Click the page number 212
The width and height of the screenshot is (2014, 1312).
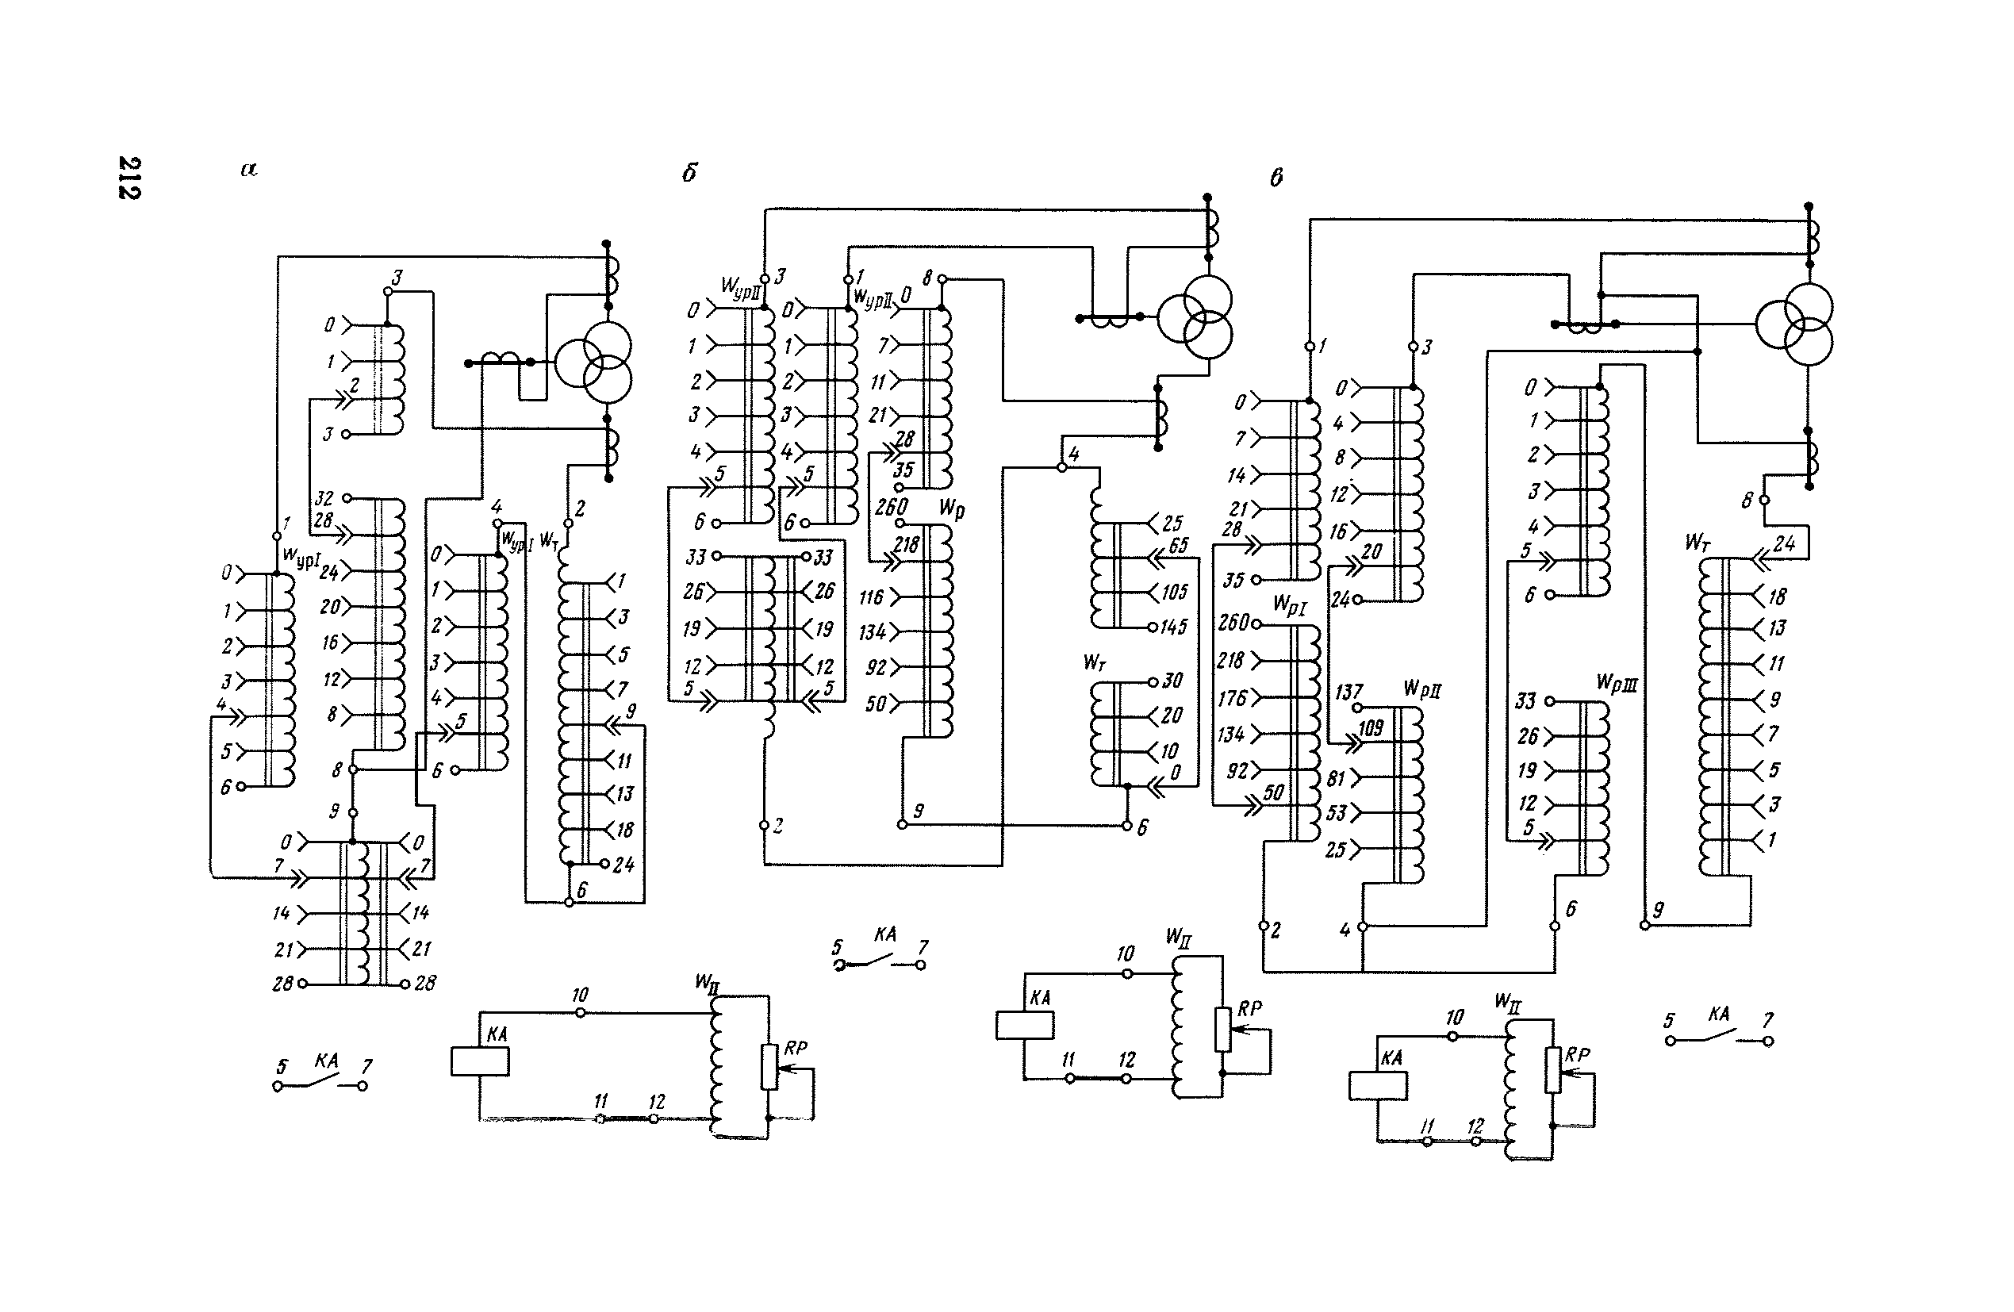(x=129, y=177)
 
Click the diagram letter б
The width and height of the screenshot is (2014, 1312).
(x=689, y=174)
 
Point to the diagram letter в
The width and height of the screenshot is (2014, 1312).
(x=1276, y=177)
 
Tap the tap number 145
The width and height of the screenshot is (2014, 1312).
(x=1175, y=627)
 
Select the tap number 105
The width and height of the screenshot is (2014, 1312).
(x=1175, y=592)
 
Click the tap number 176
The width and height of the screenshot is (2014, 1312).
(x=1232, y=698)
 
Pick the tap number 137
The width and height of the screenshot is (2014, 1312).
(x=1348, y=692)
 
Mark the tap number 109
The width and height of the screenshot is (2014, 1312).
(x=1371, y=728)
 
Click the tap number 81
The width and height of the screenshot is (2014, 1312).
(x=1336, y=777)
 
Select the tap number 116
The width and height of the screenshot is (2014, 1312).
(x=872, y=597)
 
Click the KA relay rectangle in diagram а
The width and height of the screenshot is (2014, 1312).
(x=480, y=1061)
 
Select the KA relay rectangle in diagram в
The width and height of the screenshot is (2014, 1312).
(x=1378, y=1085)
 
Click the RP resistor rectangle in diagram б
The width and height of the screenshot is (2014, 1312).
(x=1223, y=1029)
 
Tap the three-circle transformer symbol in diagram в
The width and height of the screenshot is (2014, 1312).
(x=1795, y=324)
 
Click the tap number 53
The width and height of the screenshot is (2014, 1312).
(x=1336, y=813)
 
